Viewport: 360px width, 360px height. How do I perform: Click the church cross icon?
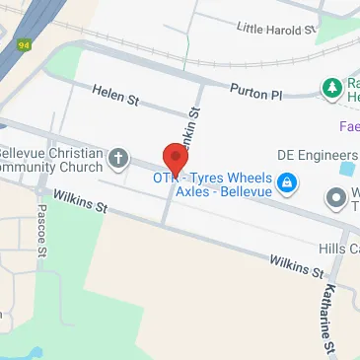(x=118, y=158)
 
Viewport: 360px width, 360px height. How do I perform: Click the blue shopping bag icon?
(x=286, y=182)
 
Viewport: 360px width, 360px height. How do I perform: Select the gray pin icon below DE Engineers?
(x=337, y=197)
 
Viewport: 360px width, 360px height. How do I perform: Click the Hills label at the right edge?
(x=338, y=249)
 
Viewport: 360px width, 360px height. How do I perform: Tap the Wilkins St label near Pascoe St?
(x=81, y=203)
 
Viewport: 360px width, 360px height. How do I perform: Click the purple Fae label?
(x=349, y=127)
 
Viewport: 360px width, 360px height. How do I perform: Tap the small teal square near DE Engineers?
(x=346, y=169)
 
